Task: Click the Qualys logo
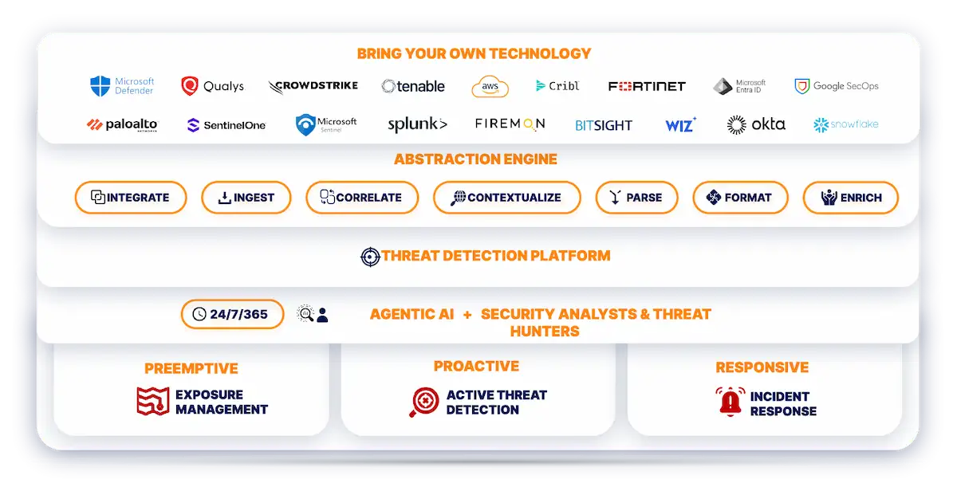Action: click(212, 86)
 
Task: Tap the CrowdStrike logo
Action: click(313, 86)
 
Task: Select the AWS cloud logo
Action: click(490, 86)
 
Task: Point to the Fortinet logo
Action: click(647, 86)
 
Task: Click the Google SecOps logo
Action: click(837, 86)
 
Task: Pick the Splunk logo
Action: click(417, 125)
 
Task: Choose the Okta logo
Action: click(756, 124)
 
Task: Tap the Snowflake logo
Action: click(845, 125)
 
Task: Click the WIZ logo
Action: click(680, 125)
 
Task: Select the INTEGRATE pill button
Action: click(131, 198)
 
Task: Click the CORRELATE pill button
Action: click(362, 198)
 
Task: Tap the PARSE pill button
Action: click(636, 198)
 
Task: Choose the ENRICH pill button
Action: click(850, 198)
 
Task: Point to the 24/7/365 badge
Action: click(232, 314)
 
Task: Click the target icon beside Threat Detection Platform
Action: click(370, 257)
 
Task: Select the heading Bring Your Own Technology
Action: click(474, 54)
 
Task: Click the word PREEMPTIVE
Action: click(191, 368)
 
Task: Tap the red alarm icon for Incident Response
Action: click(730, 402)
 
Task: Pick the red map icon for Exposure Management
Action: click(153, 401)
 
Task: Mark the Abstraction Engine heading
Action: click(475, 159)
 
